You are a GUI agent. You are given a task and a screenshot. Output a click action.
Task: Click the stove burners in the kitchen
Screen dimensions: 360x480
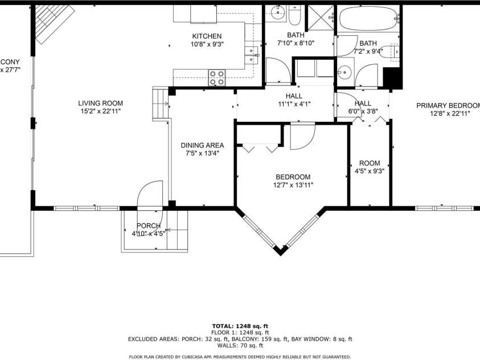pos(216,77)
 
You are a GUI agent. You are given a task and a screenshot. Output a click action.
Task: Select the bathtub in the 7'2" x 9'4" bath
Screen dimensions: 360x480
pos(367,18)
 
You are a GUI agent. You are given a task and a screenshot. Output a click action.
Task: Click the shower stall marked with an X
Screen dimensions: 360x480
pos(319,17)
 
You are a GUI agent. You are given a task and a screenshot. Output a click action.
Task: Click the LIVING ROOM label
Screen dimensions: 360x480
pos(101,103)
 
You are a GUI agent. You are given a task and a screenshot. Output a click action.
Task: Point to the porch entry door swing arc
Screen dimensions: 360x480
pos(149,194)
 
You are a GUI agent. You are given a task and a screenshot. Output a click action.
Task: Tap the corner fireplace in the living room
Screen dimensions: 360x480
pos(52,23)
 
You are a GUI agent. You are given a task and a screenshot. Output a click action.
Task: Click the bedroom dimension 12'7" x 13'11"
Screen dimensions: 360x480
pos(293,185)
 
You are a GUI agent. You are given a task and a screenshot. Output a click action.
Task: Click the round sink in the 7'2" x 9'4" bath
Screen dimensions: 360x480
pos(344,72)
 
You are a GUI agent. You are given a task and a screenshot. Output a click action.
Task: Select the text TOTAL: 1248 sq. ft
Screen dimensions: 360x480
pos(240,326)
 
